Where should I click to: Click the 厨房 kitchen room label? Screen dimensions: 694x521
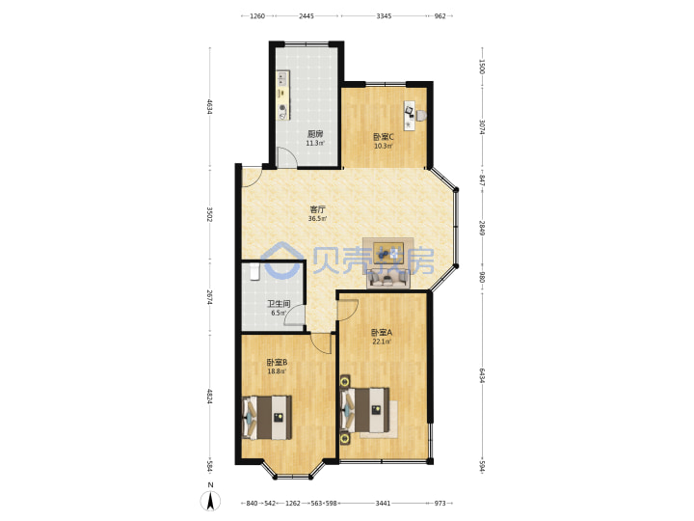pyautogui.click(x=315, y=134)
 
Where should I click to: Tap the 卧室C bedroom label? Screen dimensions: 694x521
pyautogui.click(x=384, y=137)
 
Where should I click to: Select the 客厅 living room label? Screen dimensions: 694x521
pyautogui.click(x=317, y=209)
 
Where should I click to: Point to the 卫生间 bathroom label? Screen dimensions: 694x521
pyautogui.click(x=279, y=304)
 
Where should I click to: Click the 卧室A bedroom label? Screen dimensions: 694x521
pyautogui.click(x=382, y=332)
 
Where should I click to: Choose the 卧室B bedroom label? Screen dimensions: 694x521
pyautogui.click(x=277, y=363)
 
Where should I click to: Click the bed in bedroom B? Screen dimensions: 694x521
pyautogui.click(x=267, y=418)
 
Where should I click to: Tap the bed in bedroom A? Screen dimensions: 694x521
pyautogui.click(x=365, y=410)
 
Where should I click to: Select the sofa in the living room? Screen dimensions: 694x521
pyautogui.click(x=388, y=278)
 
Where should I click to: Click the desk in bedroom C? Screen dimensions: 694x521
pyautogui.click(x=410, y=116)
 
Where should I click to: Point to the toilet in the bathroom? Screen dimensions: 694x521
pyautogui.click(x=254, y=271)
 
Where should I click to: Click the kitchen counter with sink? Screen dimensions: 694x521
pyautogui.click(x=282, y=96)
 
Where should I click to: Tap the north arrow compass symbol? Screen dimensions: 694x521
pyautogui.click(x=211, y=501)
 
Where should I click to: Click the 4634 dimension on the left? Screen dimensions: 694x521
pyautogui.click(x=209, y=107)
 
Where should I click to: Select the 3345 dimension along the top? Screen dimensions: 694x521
pyautogui.click(x=384, y=16)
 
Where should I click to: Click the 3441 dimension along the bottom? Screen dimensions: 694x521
pyautogui.click(x=384, y=503)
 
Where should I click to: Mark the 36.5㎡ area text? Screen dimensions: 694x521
pyautogui.click(x=317, y=218)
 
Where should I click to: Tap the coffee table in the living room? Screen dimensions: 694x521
pyautogui.click(x=388, y=254)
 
